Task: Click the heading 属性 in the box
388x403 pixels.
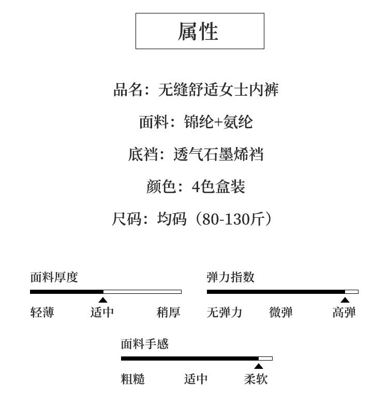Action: point(199,31)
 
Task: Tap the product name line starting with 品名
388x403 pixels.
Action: point(196,90)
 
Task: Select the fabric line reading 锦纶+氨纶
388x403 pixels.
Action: point(196,122)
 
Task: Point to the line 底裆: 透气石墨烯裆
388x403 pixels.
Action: point(196,154)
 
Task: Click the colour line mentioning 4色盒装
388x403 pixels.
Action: point(196,186)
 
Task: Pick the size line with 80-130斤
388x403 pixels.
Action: point(192,219)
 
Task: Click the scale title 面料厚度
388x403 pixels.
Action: point(54,277)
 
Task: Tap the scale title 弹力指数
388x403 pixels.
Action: point(231,277)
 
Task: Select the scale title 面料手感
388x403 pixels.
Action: point(145,344)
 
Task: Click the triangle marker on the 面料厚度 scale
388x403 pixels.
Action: point(103,300)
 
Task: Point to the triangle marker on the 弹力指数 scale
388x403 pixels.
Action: point(345,300)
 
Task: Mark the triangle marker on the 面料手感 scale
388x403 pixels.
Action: point(259,367)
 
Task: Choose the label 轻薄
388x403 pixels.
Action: point(42,312)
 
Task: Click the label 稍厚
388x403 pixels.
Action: point(169,312)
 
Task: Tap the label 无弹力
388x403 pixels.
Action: point(225,312)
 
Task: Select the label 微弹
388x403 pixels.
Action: point(281,312)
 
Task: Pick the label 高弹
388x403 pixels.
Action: point(344,312)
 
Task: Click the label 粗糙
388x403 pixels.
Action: point(133,379)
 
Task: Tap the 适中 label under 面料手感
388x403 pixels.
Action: point(196,379)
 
